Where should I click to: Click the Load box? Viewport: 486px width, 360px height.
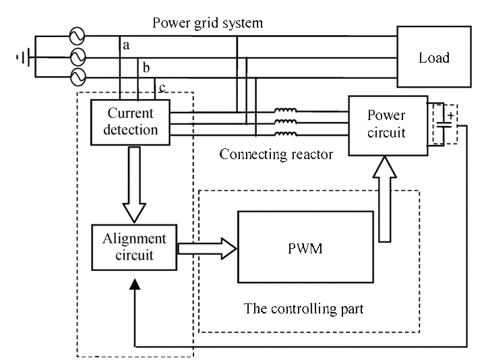click(433, 57)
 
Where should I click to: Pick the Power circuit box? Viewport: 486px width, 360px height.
click(386, 125)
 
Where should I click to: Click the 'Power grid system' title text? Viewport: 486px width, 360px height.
click(208, 23)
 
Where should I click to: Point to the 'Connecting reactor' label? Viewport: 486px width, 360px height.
click(276, 154)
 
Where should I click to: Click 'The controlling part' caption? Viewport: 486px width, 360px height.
click(303, 309)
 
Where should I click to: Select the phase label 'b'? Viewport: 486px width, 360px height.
click(147, 67)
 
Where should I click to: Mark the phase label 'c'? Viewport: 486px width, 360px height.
click(162, 88)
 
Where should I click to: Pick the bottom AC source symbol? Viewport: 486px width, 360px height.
click(78, 76)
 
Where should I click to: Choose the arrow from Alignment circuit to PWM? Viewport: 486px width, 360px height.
click(206, 249)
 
